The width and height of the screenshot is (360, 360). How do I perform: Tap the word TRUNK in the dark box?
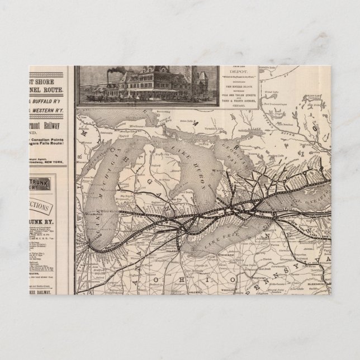[x=43, y=183]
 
